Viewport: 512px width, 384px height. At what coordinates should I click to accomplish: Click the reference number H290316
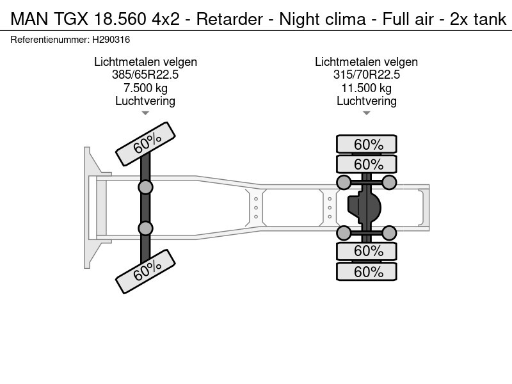[113, 40]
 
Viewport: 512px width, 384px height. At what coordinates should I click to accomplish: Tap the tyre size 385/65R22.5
[145, 75]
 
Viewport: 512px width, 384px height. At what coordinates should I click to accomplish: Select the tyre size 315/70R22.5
[366, 75]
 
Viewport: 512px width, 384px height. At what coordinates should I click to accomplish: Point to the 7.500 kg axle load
[145, 88]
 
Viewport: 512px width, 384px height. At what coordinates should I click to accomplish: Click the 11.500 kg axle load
[366, 88]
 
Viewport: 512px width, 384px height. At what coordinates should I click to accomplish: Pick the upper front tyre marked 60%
[146, 143]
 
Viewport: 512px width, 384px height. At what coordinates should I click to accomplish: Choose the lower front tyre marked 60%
[146, 270]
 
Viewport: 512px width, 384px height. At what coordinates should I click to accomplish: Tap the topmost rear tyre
[367, 145]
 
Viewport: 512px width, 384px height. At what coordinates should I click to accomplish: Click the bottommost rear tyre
[367, 272]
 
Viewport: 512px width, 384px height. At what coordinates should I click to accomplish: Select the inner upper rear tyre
[367, 164]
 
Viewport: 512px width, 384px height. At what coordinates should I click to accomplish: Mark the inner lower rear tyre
[367, 251]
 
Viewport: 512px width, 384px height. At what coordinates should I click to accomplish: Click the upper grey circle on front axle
[146, 187]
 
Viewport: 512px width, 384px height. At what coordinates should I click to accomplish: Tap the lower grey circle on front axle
[146, 228]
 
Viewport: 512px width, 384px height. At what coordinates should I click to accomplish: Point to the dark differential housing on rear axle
[364, 207]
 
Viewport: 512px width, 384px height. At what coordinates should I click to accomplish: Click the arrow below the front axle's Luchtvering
[145, 113]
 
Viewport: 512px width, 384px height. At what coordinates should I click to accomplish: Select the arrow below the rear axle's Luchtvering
[366, 113]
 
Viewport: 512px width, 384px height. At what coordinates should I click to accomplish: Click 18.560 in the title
[121, 20]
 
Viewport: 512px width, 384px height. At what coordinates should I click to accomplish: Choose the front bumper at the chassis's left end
[90, 207]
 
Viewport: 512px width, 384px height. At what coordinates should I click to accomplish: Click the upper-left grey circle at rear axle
[344, 183]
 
